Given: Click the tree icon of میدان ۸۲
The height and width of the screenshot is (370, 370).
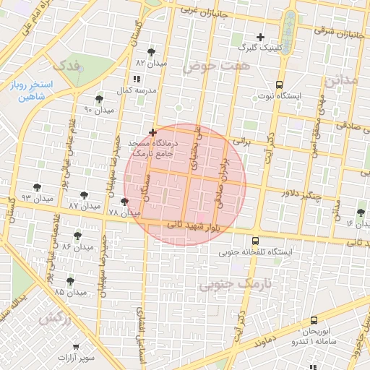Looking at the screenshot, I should click(x=151, y=52).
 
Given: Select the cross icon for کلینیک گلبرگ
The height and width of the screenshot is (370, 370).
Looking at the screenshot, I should click(x=261, y=37).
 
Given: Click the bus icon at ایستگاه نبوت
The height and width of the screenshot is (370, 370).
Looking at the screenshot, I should click(x=280, y=84).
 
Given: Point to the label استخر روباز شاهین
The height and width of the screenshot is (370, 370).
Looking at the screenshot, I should click(x=29, y=90).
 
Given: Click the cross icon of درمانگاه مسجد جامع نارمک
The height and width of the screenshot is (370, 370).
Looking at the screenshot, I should click(x=152, y=132).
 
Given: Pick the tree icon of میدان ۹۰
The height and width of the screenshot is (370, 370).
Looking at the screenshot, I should click(x=99, y=99).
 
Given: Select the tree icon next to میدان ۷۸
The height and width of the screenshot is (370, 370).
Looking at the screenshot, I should click(x=125, y=202).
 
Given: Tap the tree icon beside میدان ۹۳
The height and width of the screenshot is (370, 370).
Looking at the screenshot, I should click(x=37, y=188).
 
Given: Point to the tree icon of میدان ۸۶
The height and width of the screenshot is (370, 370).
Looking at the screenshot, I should click(x=77, y=236).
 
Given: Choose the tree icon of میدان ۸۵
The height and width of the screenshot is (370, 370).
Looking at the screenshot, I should click(x=70, y=281).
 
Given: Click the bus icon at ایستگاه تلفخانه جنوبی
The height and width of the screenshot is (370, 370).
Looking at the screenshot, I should click(x=255, y=241).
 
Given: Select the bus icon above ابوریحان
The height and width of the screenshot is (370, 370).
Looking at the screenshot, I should click(x=314, y=320).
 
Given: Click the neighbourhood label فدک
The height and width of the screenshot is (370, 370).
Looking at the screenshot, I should click(x=67, y=65).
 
